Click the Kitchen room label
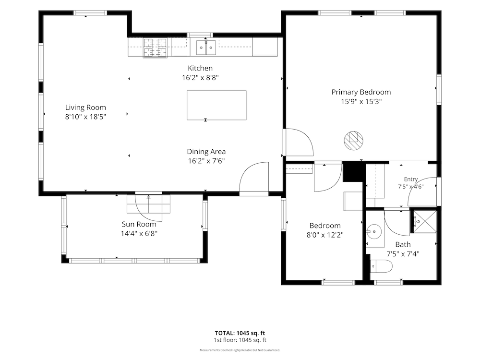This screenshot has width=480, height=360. (x=200, y=68)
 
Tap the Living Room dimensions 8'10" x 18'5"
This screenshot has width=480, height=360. (x=85, y=117)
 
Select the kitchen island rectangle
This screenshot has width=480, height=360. (x=216, y=105)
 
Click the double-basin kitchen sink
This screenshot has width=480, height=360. (x=206, y=48)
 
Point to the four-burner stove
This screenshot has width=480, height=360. (x=155, y=48)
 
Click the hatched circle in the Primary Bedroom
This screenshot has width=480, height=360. (x=354, y=141)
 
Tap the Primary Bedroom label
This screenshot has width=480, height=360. (x=361, y=92)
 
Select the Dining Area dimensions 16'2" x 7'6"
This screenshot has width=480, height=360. (x=206, y=161)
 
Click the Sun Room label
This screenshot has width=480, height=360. (x=139, y=224)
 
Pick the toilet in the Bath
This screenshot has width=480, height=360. (x=381, y=266)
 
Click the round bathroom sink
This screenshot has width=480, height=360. (x=374, y=231)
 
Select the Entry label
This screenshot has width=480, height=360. (x=411, y=179)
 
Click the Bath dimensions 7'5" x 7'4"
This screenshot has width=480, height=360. (x=403, y=254)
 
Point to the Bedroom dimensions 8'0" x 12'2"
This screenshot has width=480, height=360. (x=325, y=235)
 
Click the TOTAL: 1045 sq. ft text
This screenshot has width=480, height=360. (x=240, y=333)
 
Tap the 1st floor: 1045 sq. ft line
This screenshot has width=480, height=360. (x=240, y=340)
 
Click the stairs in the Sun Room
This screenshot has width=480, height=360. (x=148, y=204)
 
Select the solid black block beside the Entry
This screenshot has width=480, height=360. (x=354, y=171)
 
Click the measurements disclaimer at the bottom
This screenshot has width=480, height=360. (x=240, y=350)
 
